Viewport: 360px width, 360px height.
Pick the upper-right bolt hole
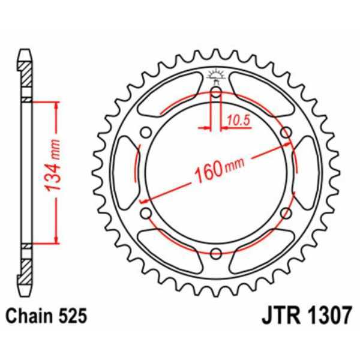click(x=286, y=132)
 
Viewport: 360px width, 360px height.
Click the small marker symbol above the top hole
click(x=215, y=76)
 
